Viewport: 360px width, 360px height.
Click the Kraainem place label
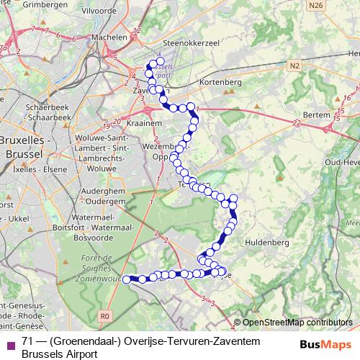146,124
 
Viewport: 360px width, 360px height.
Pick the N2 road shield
294,66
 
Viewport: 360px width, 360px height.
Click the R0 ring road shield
105,315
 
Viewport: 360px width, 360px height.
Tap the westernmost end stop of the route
127,279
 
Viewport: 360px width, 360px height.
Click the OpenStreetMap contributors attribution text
296,323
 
